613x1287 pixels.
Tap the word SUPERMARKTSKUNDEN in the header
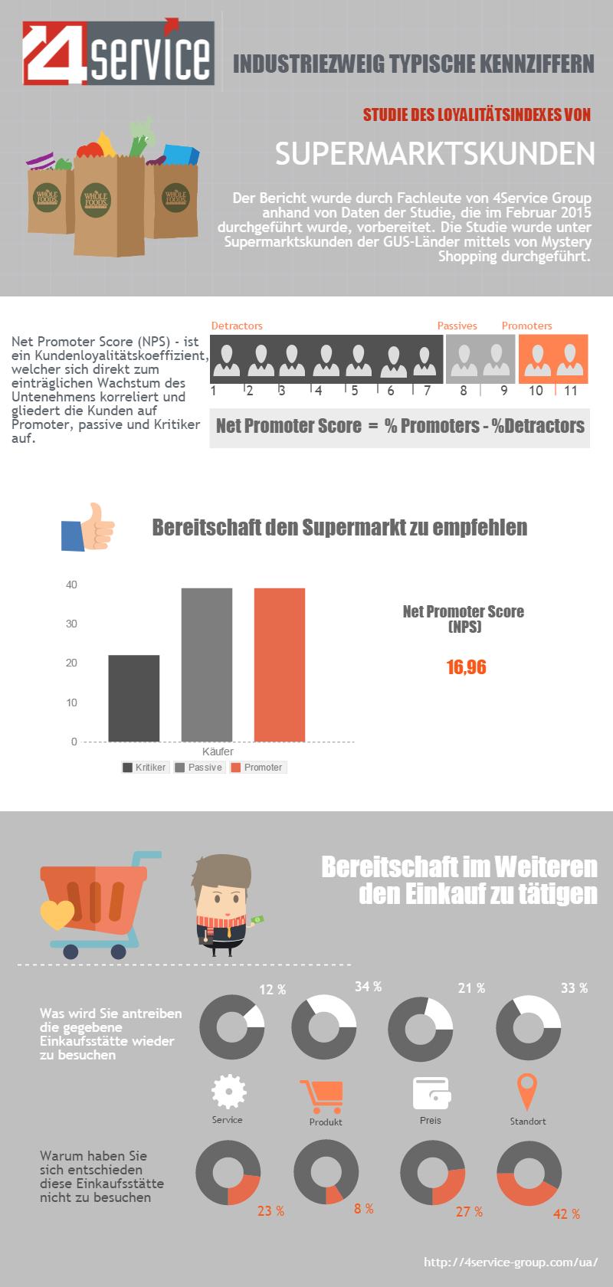click(x=434, y=154)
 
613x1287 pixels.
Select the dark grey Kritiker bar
click(x=134, y=698)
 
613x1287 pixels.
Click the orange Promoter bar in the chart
click(x=280, y=664)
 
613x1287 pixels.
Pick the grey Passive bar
click(x=207, y=664)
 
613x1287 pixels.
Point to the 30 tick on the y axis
click(x=72, y=624)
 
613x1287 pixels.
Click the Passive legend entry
click(x=199, y=767)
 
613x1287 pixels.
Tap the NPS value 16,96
click(x=466, y=667)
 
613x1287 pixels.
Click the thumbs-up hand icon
click(x=87, y=526)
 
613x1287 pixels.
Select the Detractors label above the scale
click(x=237, y=326)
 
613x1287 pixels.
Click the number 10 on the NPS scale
click(x=536, y=391)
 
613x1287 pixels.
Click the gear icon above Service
click(x=228, y=1092)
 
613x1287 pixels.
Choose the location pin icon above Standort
click(x=527, y=1091)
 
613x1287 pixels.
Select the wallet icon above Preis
click(x=431, y=1093)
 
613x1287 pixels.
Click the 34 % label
click(x=368, y=987)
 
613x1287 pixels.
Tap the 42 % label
click(x=566, y=1213)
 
